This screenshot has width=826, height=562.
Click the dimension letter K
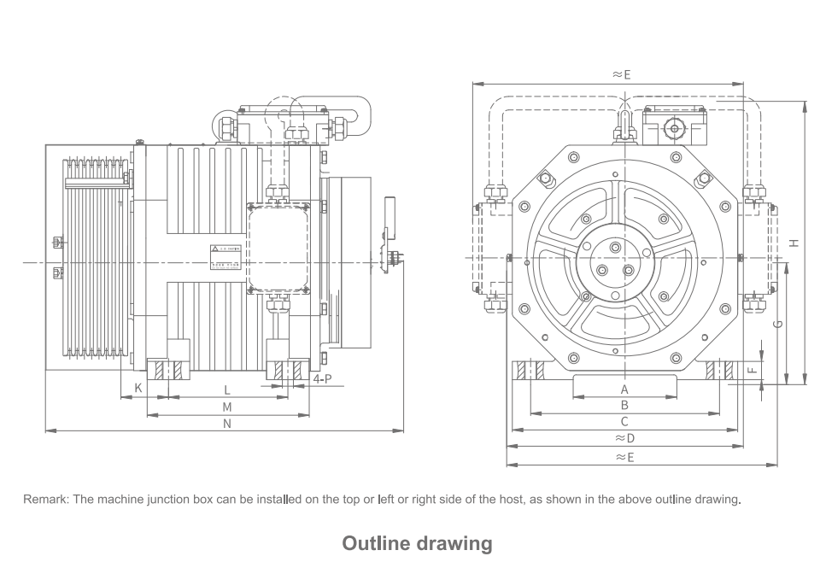138,389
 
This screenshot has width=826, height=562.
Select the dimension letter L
227,389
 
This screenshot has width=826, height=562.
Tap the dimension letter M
227,407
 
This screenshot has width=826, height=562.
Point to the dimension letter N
227,423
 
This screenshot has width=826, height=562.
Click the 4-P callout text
323,378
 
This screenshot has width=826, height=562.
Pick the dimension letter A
624,389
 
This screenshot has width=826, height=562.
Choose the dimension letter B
624,405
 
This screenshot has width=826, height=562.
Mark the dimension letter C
624,421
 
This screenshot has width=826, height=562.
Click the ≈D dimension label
624,438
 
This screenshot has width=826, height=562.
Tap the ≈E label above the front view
621,74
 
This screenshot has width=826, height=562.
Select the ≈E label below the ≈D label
624,457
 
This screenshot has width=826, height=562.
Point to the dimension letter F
752,371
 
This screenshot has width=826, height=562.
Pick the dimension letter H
794,243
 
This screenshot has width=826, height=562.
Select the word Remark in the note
45,499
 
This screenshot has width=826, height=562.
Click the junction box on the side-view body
278,249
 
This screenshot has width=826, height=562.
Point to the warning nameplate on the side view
226,255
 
